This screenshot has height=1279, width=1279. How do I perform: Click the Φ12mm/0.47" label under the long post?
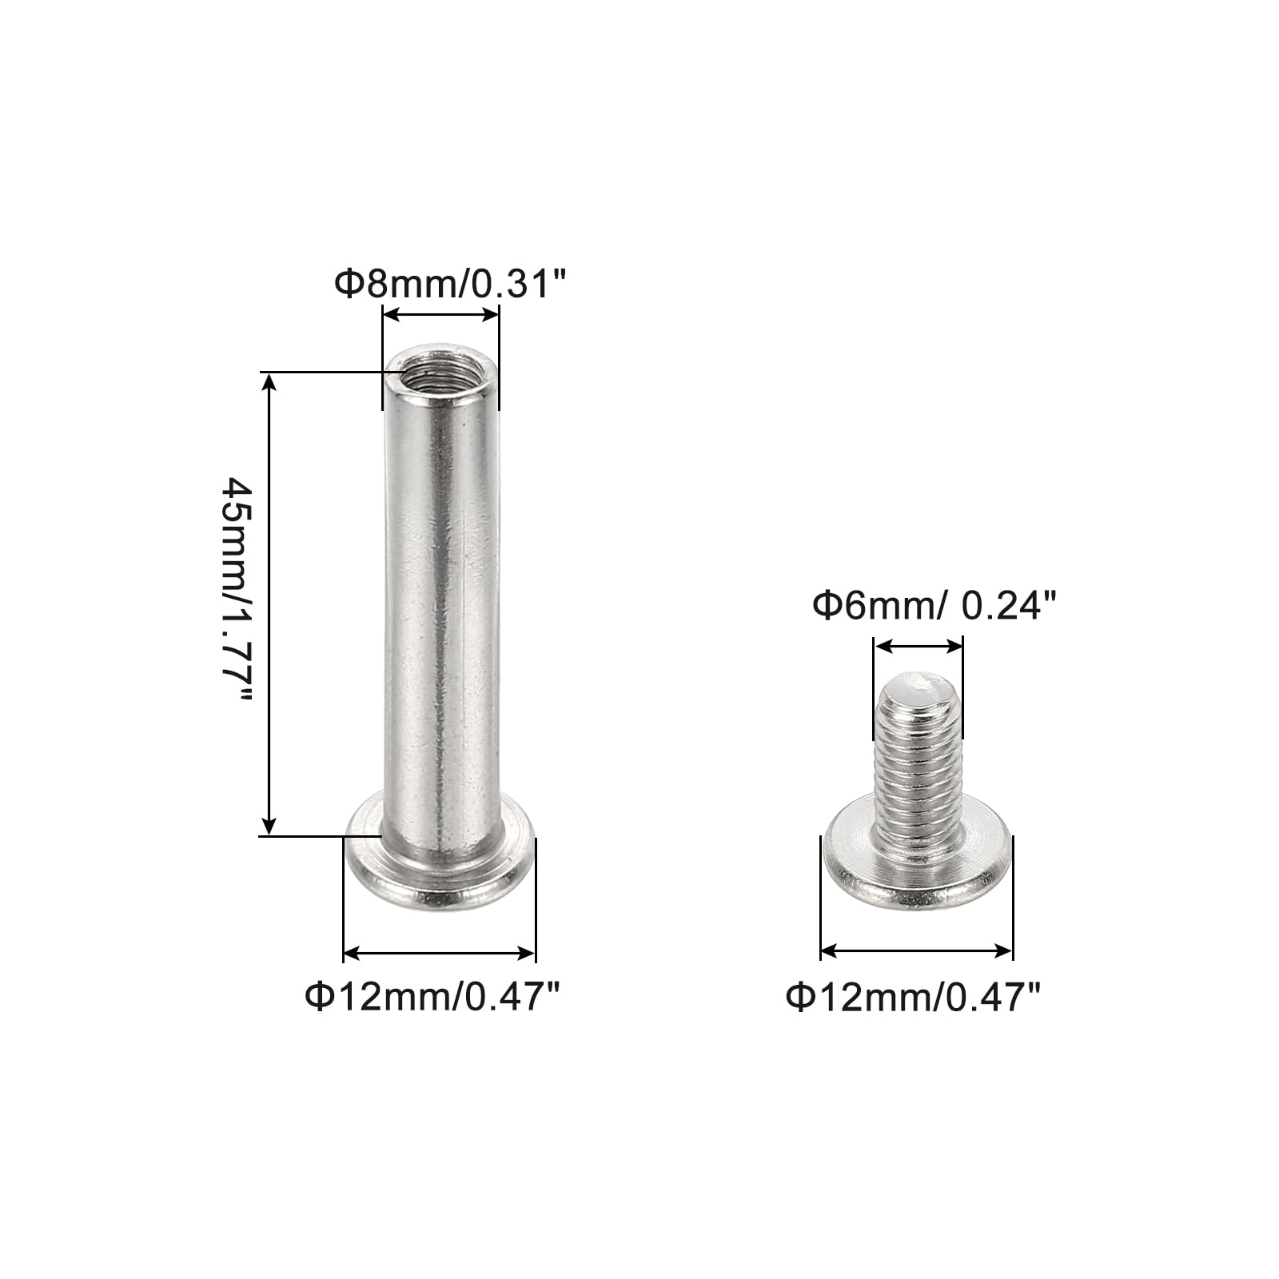[432, 997]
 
